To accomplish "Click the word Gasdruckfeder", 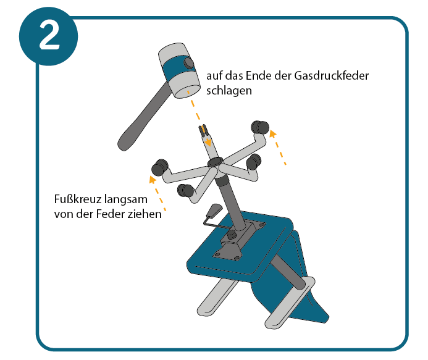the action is [x=332, y=75].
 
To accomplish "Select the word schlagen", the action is [x=229, y=91].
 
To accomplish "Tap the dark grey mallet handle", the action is [x=142, y=117].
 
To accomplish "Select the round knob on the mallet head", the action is [x=188, y=63].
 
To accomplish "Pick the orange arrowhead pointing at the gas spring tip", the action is [x=208, y=142].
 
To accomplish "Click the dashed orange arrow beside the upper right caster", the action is [x=277, y=148].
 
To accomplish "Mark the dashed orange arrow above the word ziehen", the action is [x=157, y=193].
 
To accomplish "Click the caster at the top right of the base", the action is [x=260, y=127].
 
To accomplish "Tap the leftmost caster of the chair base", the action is [x=160, y=167].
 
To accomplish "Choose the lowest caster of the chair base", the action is [x=185, y=190].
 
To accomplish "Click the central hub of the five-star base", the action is [x=216, y=162].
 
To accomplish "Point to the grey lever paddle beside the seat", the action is [x=214, y=209].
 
